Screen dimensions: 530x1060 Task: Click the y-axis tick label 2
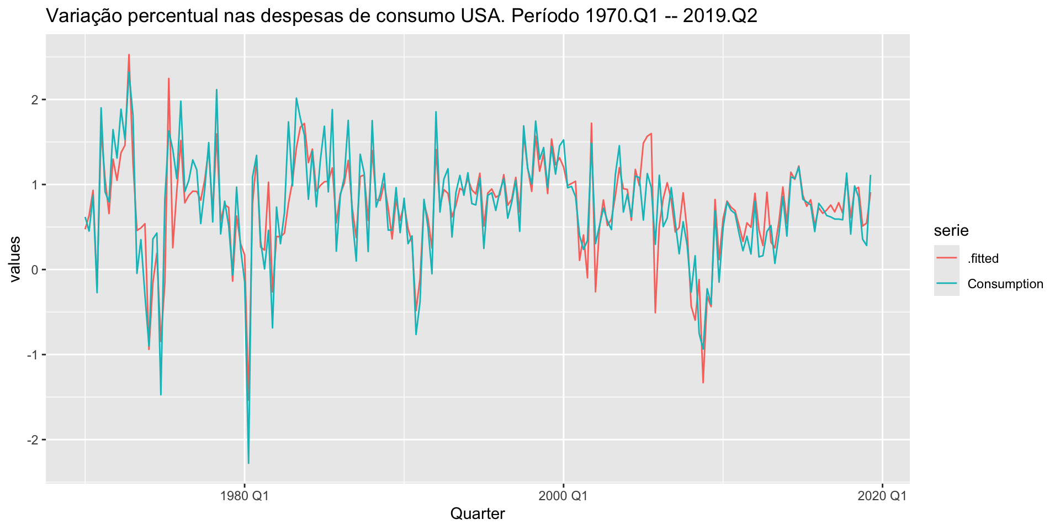pos(34,100)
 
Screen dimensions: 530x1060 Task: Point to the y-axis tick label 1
pos(34,185)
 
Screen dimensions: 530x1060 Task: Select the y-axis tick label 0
pos(34,270)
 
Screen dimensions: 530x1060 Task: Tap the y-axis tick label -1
pos(32,355)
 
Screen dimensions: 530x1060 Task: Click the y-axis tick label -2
pos(32,440)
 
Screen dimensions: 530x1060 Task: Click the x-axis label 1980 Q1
pos(244,496)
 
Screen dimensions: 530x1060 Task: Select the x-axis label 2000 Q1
pos(563,496)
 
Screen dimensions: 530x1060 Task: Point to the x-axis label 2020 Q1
pos(882,496)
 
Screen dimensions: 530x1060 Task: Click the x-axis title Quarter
pos(478,514)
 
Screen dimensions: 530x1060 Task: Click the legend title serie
pos(951,230)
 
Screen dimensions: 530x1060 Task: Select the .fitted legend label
pos(983,258)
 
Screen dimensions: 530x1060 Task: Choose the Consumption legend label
pos(1005,284)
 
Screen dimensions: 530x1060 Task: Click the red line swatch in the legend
pos(946,258)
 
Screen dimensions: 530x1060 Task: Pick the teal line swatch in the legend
pos(946,284)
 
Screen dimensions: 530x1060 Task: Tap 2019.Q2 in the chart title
pos(720,16)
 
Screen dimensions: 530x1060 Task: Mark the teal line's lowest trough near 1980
pos(248,463)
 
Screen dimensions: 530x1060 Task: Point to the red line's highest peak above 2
pos(129,55)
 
